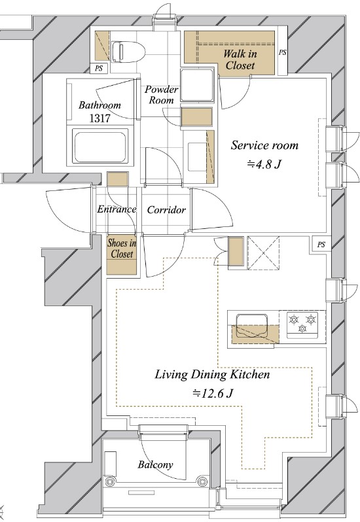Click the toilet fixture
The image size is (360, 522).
tap(128, 52)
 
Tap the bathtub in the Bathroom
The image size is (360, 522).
tap(100, 147)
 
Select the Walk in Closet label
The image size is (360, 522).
tap(240, 60)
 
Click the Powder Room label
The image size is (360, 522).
tap(162, 95)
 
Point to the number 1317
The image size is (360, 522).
tap(99, 118)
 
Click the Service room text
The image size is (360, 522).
tap(264, 145)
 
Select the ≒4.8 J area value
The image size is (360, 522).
tap(264, 164)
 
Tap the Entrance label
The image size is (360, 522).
tap(117, 209)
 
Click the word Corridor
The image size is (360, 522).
tap(166, 210)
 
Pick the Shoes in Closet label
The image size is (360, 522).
tap(122, 249)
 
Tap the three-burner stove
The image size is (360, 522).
tap(302, 324)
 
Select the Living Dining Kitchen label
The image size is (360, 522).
tap(213, 375)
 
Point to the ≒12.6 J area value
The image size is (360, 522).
tap(213, 393)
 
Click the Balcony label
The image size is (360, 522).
tap(156, 464)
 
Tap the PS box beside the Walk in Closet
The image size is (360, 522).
tap(282, 52)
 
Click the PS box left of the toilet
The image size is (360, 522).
tap(99, 68)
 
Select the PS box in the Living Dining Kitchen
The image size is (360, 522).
tap(321, 245)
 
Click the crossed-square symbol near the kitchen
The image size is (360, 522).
tap(264, 252)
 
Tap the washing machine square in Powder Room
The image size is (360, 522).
tap(197, 85)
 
